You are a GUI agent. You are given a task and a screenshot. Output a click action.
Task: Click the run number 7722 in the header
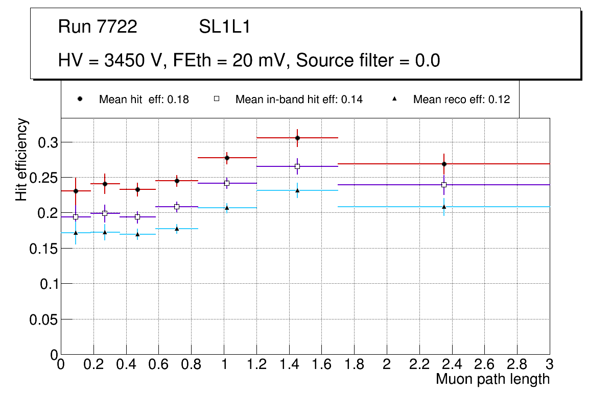click(x=118, y=27)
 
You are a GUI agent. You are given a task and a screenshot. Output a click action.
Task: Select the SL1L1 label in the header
click(x=224, y=27)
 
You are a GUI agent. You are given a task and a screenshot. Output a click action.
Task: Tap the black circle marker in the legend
click(x=79, y=99)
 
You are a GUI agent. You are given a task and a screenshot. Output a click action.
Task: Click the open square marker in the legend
click(x=216, y=99)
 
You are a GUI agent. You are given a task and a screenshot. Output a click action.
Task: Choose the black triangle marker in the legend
click(x=395, y=99)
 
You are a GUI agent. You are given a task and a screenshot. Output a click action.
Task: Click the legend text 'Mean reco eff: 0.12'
click(x=461, y=100)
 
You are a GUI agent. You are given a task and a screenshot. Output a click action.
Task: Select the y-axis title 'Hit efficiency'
click(x=22, y=159)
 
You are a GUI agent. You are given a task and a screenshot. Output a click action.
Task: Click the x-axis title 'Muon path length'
click(x=492, y=379)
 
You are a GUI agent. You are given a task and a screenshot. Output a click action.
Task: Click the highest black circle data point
click(x=297, y=138)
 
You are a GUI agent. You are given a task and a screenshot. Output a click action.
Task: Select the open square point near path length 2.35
click(x=444, y=185)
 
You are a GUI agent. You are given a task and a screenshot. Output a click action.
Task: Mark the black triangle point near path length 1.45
click(x=297, y=190)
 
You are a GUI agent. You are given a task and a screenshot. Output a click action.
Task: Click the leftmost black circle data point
click(x=76, y=191)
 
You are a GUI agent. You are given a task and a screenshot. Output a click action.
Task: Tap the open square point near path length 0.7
click(x=177, y=207)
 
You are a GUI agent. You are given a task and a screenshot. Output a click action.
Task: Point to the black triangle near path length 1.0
click(x=227, y=208)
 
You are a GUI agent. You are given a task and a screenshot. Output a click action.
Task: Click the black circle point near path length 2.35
click(x=444, y=164)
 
